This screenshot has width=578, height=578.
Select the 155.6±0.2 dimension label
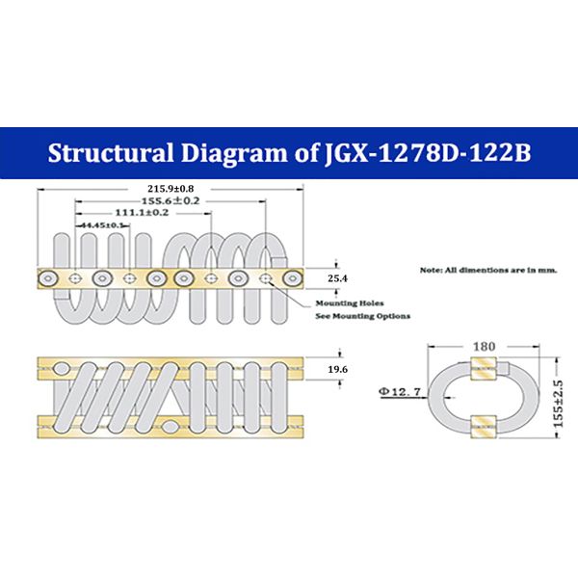[171, 200]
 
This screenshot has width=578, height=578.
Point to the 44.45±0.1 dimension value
[101, 224]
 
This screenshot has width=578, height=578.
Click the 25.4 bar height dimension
[336, 277]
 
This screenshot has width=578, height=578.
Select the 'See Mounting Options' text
[364, 316]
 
